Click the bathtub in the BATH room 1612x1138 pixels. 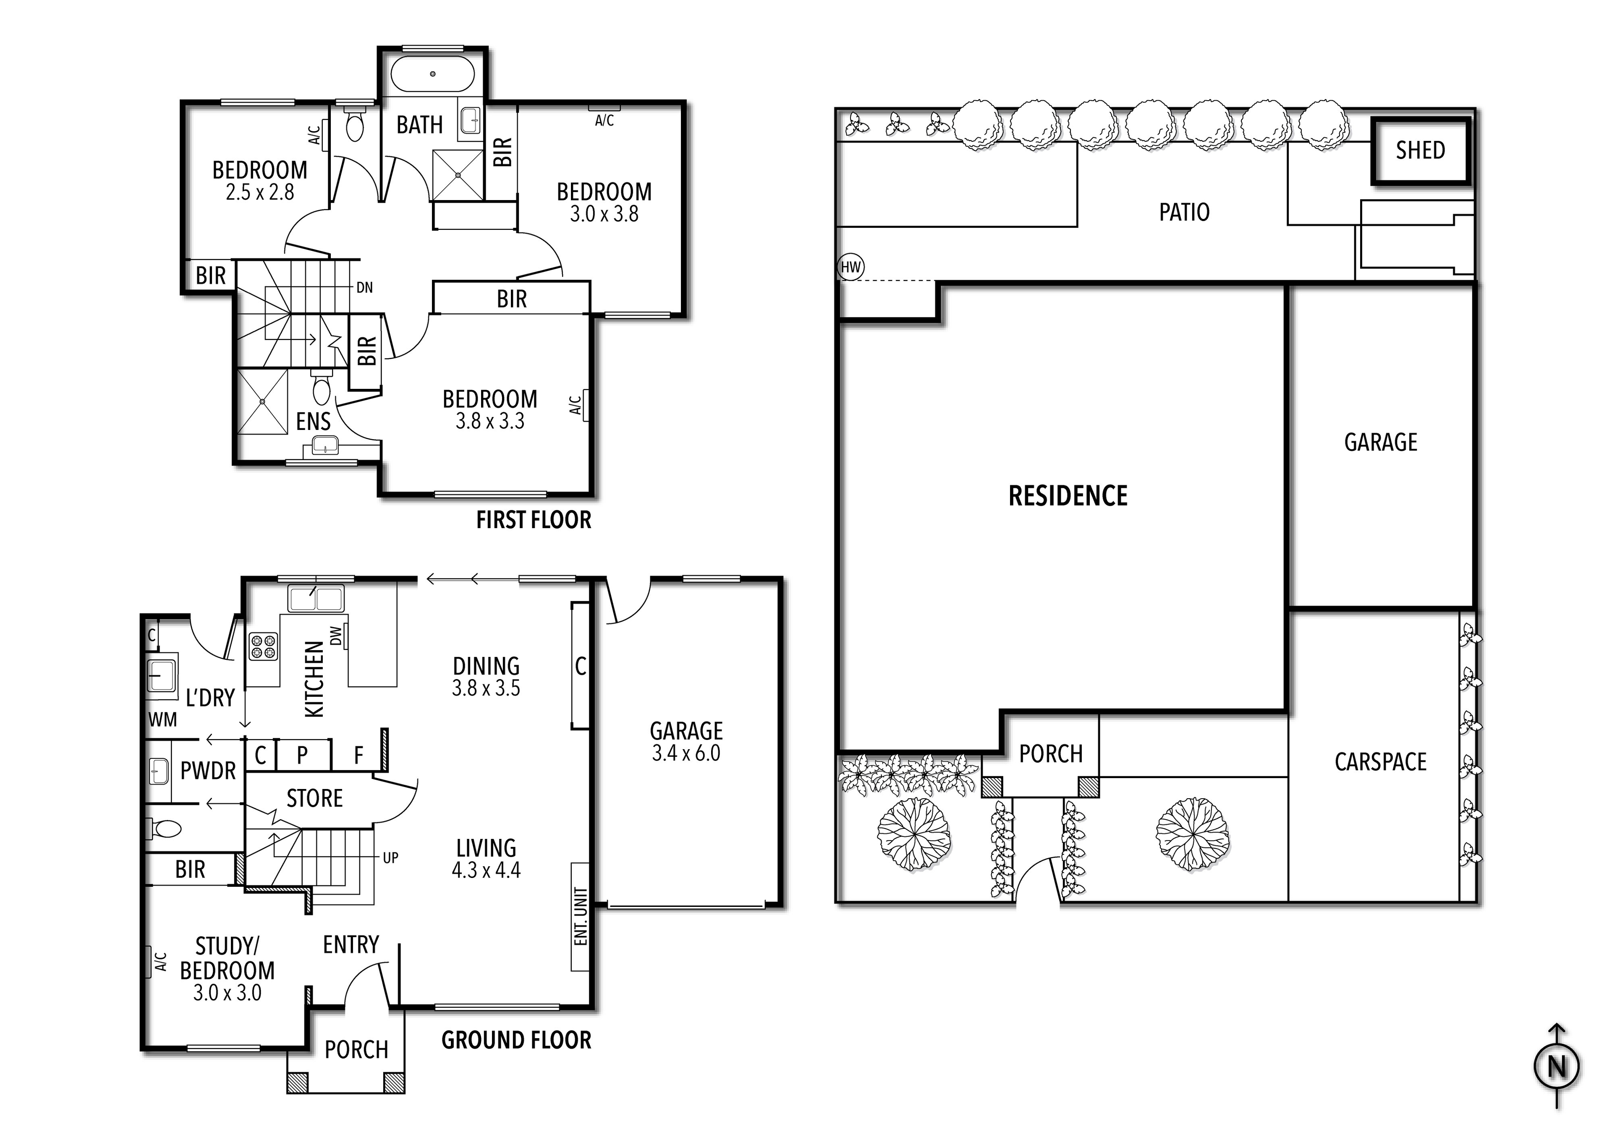pyautogui.click(x=432, y=74)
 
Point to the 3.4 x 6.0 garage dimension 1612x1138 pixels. pyautogui.click(x=686, y=753)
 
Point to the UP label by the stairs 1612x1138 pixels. pyautogui.click(x=390, y=857)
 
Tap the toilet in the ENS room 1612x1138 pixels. pyautogui.click(x=322, y=391)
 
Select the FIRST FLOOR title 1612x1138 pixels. pyautogui.click(x=534, y=520)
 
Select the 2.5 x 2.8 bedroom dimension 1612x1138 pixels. pyautogui.click(x=260, y=192)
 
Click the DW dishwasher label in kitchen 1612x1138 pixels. pyautogui.click(x=335, y=635)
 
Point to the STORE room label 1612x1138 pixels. pyautogui.click(x=314, y=798)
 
